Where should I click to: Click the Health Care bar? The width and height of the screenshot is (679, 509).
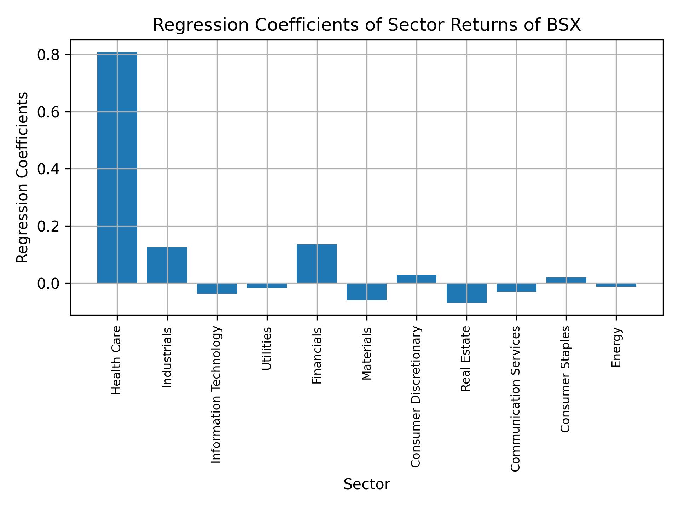pyautogui.click(x=117, y=168)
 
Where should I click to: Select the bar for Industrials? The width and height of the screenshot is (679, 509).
pyautogui.click(x=167, y=265)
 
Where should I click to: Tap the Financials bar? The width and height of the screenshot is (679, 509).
pyautogui.click(x=317, y=264)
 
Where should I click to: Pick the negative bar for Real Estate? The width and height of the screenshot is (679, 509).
pyautogui.click(x=466, y=293)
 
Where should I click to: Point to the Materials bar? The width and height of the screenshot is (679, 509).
pyautogui.click(x=366, y=292)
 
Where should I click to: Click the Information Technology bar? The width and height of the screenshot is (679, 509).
pyautogui.click(x=217, y=288)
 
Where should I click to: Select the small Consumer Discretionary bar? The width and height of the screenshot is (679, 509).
pyautogui.click(x=416, y=279)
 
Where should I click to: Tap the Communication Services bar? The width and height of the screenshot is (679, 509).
pyautogui.click(x=516, y=287)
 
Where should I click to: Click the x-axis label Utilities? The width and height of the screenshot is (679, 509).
pyautogui.click(x=267, y=349)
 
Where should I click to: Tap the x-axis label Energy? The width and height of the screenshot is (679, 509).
pyautogui.click(x=616, y=347)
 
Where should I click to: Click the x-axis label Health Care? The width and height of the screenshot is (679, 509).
pyautogui.click(x=116, y=360)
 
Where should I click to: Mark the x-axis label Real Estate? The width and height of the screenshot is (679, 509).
pyautogui.click(x=466, y=358)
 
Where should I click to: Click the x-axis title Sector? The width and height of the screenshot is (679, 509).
pyautogui.click(x=367, y=484)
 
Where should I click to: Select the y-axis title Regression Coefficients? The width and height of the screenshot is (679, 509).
pyautogui.click(x=22, y=177)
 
